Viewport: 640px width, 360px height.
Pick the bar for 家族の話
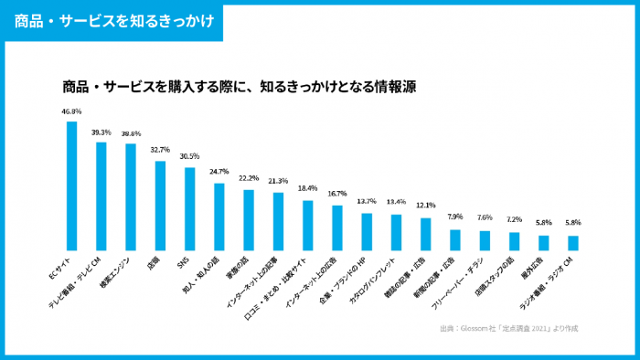249,219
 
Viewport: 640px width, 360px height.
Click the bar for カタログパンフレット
396,232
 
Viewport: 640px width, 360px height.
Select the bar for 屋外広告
543,242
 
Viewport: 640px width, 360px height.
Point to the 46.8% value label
71,111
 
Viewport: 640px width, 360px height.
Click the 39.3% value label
101,132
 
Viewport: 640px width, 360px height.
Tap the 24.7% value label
219,172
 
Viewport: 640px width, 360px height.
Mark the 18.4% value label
307,188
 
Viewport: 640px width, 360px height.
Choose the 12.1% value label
425,206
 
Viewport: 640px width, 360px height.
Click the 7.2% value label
514,219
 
